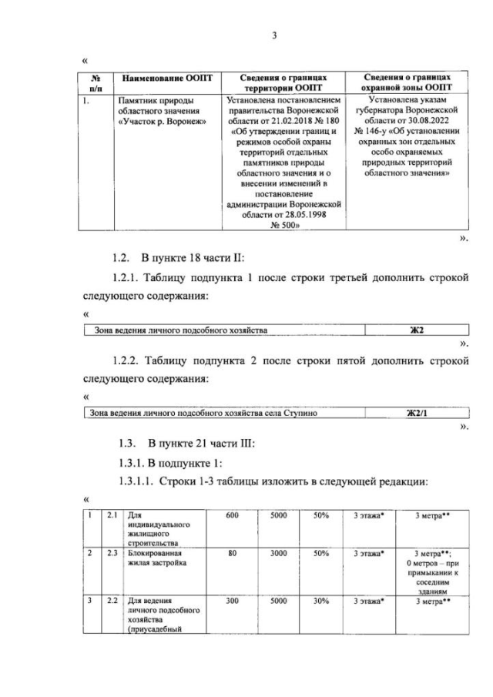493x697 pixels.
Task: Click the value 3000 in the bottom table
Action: tap(278, 553)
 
